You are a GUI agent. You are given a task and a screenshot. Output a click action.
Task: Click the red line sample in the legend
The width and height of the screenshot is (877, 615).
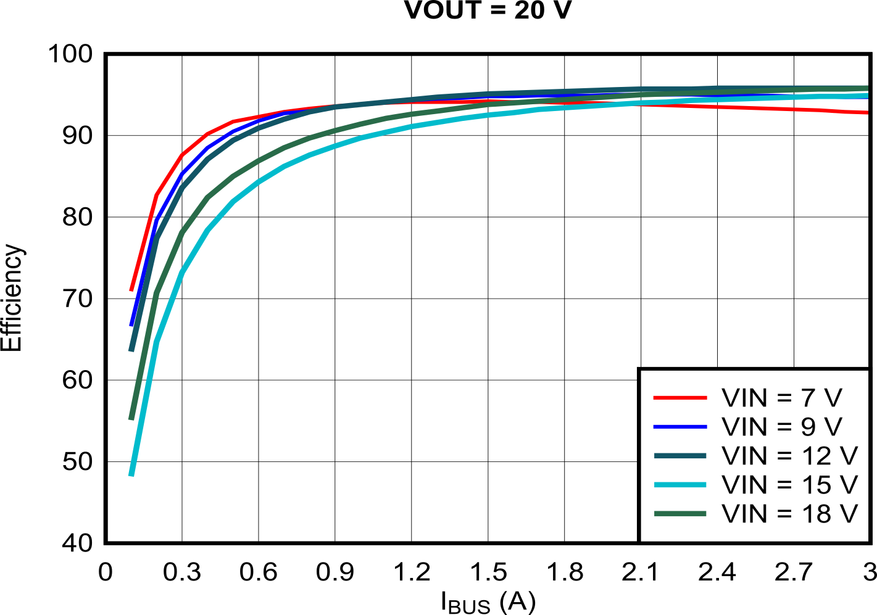[x=680, y=398]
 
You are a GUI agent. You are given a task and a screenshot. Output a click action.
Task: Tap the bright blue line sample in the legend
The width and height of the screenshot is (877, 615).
[x=680, y=427]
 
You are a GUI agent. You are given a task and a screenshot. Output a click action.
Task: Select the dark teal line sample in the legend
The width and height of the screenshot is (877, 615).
[x=680, y=456]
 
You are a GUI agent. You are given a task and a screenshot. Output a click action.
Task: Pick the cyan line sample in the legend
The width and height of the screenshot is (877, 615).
[x=680, y=485]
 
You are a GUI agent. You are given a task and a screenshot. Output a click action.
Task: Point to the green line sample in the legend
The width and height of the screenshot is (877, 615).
[x=680, y=513]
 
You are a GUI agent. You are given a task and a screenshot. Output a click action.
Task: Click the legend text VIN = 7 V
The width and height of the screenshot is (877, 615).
[x=781, y=398]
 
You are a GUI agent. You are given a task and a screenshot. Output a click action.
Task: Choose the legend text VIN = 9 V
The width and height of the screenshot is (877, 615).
[x=781, y=427]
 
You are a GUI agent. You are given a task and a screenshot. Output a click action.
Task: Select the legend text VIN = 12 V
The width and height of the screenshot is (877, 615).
[x=789, y=456]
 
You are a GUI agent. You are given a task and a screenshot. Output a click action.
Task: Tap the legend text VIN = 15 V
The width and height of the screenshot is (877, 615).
[x=789, y=485]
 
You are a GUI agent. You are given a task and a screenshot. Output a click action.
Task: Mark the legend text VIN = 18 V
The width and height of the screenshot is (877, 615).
[x=789, y=513]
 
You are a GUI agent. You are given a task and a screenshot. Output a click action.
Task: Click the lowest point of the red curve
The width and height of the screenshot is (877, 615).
[x=131, y=289]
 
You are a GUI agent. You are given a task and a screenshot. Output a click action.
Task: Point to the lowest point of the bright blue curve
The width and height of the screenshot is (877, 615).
[x=131, y=325]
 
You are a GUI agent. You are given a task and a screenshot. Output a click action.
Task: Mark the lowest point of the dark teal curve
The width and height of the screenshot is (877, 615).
[x=131, y=350]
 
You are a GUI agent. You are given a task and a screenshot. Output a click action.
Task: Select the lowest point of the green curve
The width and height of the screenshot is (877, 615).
[x=131, y=419]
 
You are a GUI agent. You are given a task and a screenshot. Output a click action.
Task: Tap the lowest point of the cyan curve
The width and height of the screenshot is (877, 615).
[x=131, y=475]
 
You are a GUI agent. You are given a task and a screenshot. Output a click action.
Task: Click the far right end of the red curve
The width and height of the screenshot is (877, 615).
[x=867, y=112]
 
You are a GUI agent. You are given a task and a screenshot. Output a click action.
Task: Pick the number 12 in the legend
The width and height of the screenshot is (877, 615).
[x=815, y=456]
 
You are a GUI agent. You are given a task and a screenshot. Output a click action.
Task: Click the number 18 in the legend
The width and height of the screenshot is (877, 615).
[x=815, y=513]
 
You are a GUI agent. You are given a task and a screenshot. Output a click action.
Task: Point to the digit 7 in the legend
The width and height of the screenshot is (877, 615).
[x=809, y=398]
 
